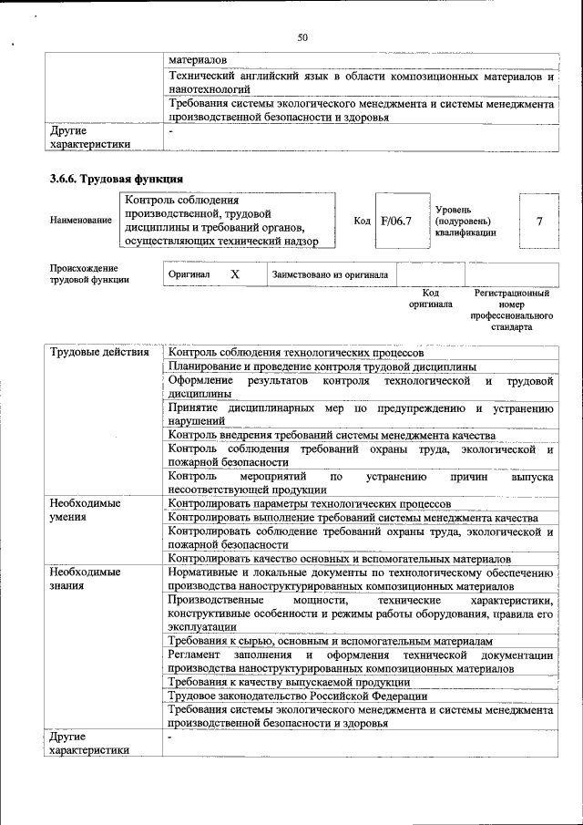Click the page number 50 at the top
tap(302, 37)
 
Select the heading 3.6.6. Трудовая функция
tap(117, 179)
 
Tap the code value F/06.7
tap(396, 222)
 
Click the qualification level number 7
tap(539, 222)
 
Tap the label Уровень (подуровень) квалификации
tap(465, 222)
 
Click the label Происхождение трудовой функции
tap(85, 273)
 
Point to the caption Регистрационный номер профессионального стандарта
tap(511, 310)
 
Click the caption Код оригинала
tap(430, 299)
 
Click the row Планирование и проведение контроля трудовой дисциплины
tap(323, 366)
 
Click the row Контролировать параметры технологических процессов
tap(309, 503)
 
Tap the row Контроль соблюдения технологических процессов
tap(296, 352)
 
